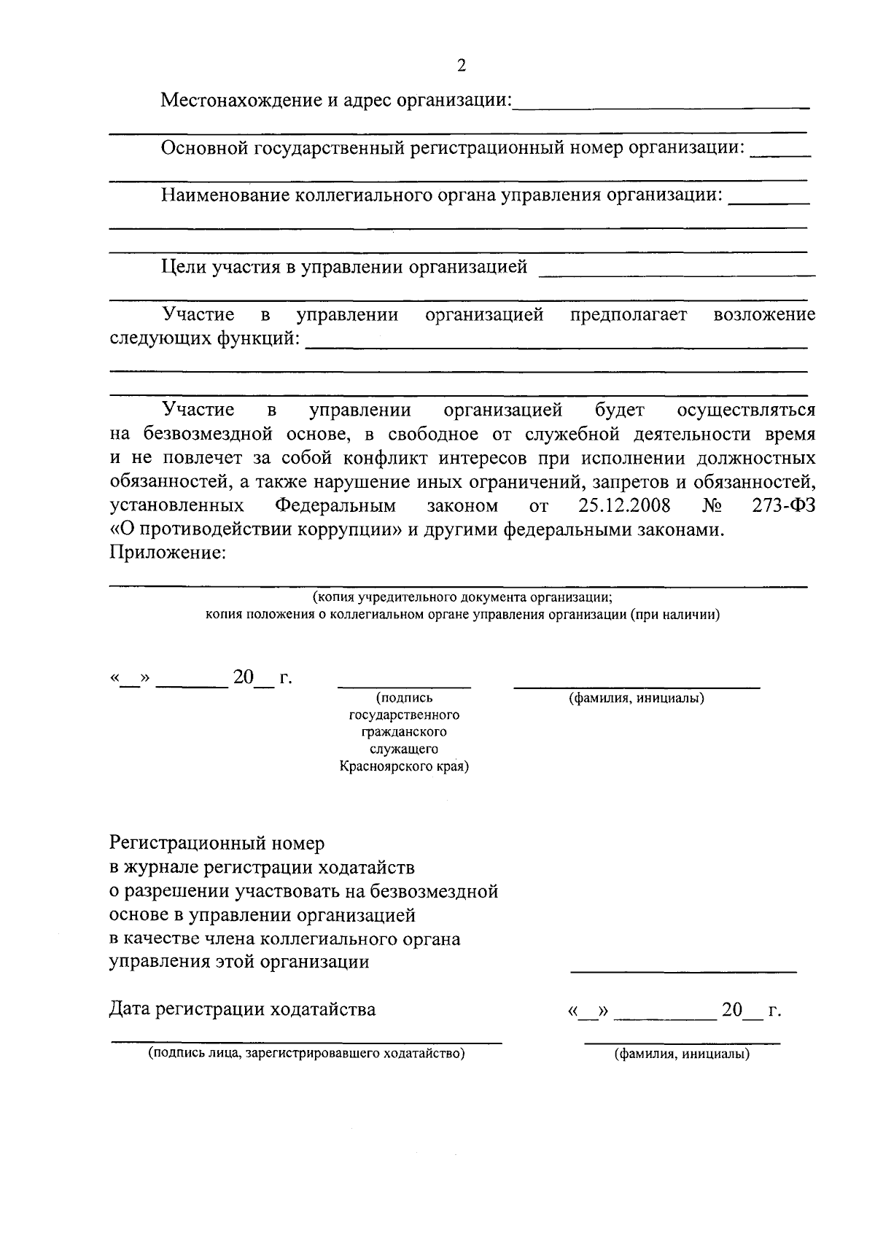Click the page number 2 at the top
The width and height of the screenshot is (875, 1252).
pos(461,66)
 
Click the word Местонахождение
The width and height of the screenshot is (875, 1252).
pos(239,100)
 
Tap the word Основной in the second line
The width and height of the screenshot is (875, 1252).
pos(203,148)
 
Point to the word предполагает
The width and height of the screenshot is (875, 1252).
pos(628,315)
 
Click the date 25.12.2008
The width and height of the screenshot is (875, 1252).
pos(624,505)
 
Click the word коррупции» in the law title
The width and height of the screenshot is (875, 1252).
pos(349,529)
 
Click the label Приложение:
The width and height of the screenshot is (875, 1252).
pos(168,553)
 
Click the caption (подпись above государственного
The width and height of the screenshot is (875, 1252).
pos(404,698)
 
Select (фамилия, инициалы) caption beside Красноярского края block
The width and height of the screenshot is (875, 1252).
pos(636,699)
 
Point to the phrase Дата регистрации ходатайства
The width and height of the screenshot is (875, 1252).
pos(242,1010)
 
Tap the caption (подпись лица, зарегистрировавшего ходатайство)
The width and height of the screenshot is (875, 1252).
pos(306,1054)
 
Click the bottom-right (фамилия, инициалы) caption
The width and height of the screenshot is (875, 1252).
pos(682,1054)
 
